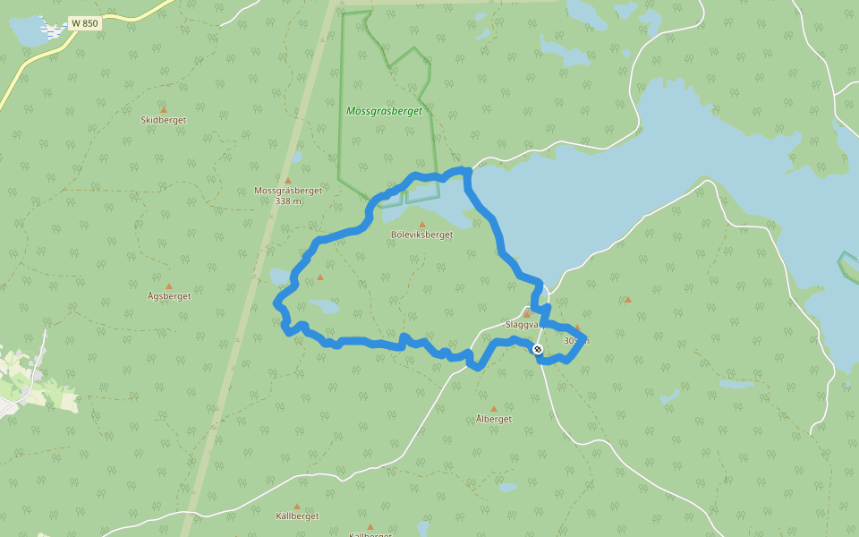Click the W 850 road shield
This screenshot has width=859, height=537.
pos(84,23)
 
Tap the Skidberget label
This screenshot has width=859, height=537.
pos(164,119)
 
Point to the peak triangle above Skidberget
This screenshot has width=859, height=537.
pos(163,108)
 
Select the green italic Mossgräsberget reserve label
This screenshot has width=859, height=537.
pos(384,111)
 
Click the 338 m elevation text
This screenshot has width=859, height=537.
pos(288,201)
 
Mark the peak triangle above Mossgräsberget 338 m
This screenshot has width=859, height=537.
pos(288,180)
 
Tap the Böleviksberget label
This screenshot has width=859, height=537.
pos(422,234)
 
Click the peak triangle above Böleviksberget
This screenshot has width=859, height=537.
pos(422,224)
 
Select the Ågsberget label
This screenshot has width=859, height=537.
pos(169,296)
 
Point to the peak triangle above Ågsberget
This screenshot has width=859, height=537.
pos(168,286)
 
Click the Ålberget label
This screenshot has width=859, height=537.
pos(494,419)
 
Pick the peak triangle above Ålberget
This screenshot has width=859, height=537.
pos(494,408)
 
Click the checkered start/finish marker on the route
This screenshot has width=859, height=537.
pos(538,349)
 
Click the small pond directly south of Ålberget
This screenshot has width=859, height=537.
pos(507,487)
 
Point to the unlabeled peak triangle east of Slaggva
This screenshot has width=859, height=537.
pos(627,299)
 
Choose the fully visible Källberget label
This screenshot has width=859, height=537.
pos(297,516)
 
